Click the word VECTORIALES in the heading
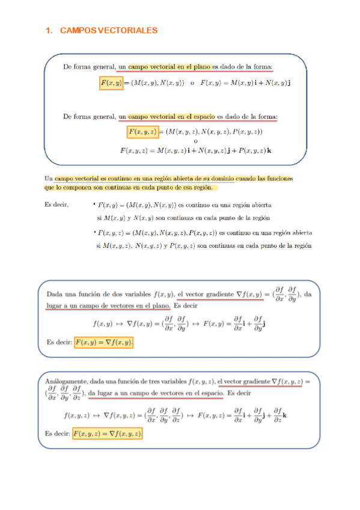coord(127,30)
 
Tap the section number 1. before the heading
coord(49,30)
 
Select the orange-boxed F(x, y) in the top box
coord(111,82)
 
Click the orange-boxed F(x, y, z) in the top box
coord(143,131)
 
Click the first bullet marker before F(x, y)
coord(94,204)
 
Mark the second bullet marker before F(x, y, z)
coord(94,232)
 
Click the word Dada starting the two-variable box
coord(55,294)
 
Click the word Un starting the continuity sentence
coord(49,179)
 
